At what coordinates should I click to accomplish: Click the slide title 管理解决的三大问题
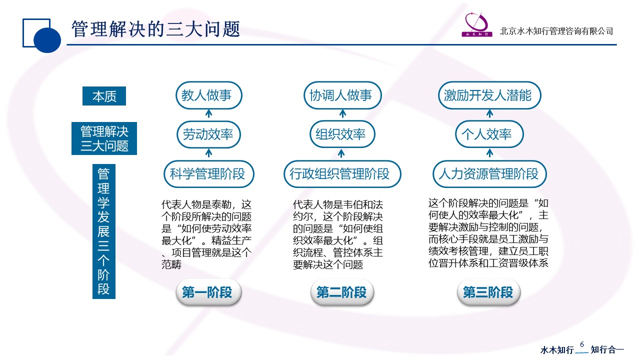click(x=155, y=29)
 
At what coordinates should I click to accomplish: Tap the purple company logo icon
click(x=477, y=25)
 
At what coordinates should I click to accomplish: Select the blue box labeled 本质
click(x=104, y=96)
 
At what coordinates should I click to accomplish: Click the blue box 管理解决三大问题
click(x=104, y=138)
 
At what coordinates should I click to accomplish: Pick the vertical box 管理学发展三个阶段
click(x=103, y=231)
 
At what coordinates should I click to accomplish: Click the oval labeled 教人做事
click(x=209, y=95)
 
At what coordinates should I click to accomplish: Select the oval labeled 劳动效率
click(x=208, y=134)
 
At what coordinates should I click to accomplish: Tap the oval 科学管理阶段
click(x=209, y=174)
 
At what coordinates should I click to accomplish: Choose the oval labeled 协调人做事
click(x=342, y=95)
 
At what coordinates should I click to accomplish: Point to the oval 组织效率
click(x=342, y=134)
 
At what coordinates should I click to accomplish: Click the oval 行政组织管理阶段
click(x=342, y=174)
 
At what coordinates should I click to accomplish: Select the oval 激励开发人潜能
click(x=489, y=95)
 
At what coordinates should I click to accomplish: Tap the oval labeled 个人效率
click(x=489, y=134)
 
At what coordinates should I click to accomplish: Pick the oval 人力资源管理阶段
click(x=489, y=174)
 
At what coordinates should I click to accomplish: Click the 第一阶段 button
click(x=208, y=292)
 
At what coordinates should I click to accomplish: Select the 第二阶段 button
click(x=342, y=292)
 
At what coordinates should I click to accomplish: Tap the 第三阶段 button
click(x=488, y=292)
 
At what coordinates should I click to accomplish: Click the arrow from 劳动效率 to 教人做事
click(x=209, y=113)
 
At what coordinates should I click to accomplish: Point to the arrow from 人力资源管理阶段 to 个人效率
click(x=489, y=153)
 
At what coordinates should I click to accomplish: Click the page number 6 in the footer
click(x=582, y=344)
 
